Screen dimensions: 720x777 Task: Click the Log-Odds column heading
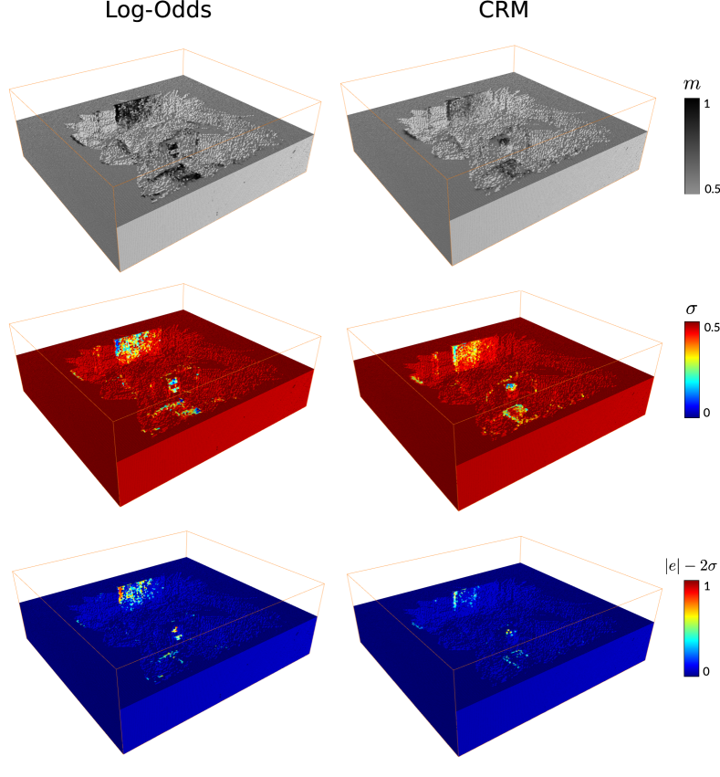(x=159, y=10)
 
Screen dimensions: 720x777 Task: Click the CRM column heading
(x=504, y=10)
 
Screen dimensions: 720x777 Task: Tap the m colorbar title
(x=692, y=85)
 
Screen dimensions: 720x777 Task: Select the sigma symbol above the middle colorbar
(x=692, y=310)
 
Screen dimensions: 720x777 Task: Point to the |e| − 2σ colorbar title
(x=691, y=566)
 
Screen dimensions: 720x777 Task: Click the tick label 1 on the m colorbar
(x=706, y=104)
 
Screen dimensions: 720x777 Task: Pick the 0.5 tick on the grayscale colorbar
(x=712, y=189)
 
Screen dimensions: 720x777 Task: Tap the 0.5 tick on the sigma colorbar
(x=712, y=328)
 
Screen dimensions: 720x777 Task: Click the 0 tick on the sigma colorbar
(x=706, y=413)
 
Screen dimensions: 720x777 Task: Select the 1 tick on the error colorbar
(x=706, y=586)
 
